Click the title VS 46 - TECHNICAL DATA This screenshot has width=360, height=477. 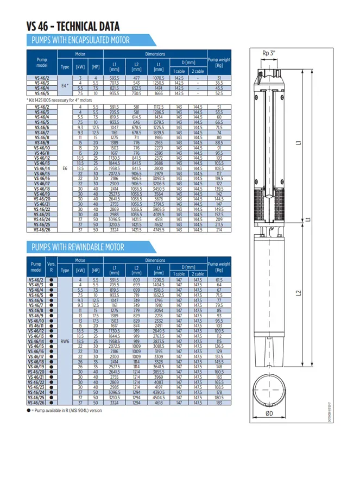(x=73, y=27)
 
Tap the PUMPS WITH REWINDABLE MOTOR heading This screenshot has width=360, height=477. (x=78, y=248)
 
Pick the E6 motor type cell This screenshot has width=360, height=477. (x=65, y=168)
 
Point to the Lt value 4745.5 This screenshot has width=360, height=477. (x=159, y=230)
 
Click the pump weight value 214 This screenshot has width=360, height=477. (x=219, y=230)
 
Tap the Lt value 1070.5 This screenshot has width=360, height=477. (x=159, y=78)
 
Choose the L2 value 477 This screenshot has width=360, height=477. (x=137, y=78)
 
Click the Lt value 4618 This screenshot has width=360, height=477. (x=159, y=403)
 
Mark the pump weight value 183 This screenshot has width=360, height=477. (x=219, y=403)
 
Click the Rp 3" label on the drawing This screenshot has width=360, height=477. (x=269, y=53)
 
